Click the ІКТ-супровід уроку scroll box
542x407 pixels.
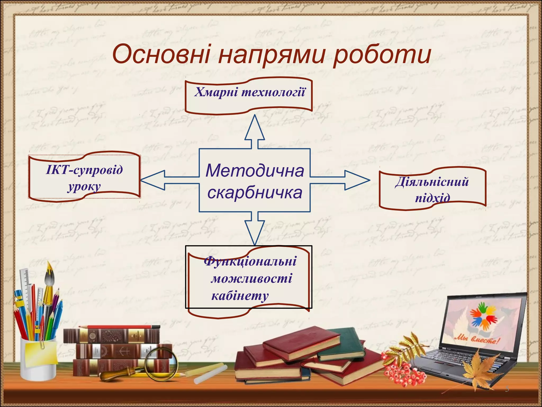[84, 177]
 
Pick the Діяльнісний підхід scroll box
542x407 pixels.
[432, 189]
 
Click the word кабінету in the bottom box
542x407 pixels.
[240, 295]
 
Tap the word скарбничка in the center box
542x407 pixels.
[255, 193]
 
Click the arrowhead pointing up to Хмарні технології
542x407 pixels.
[255, 129]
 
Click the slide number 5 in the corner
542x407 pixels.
[507, 389]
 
